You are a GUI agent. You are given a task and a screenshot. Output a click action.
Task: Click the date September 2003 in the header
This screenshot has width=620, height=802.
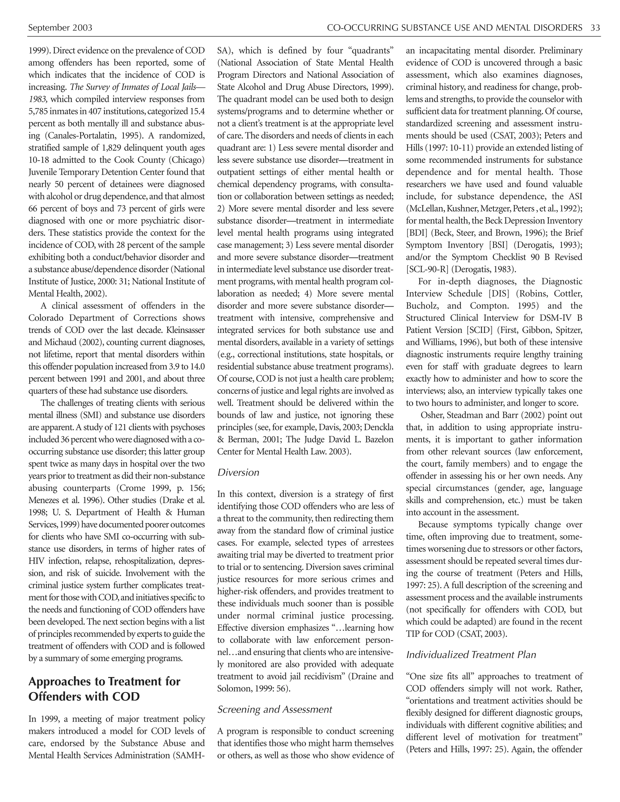click(x=60, y=28)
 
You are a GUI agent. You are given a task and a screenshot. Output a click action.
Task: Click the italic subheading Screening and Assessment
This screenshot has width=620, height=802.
click(x=274, y=709)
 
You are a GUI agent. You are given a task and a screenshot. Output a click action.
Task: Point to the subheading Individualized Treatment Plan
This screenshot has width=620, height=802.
click(x=471, y=654)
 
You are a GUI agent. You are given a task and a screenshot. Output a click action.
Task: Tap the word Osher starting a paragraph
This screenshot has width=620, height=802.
click(x=432, y=415)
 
